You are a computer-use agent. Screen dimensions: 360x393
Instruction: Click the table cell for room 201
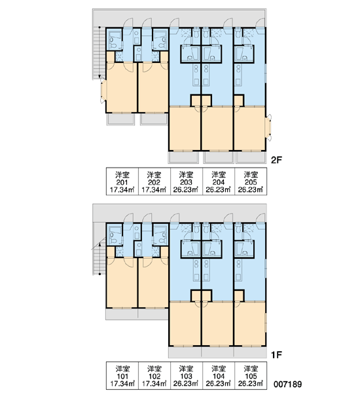(x=122, y=181)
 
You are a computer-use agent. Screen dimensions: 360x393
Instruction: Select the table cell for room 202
(x=154, y=181)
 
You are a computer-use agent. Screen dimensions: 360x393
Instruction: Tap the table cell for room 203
(x=187, y=181)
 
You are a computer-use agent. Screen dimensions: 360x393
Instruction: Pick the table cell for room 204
(x=219, y=181)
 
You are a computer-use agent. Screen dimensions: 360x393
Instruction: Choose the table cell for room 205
(x=251, y=181)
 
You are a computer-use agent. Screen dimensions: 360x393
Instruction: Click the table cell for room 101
(x=122, y=375)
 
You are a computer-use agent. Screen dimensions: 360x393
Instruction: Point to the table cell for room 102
(x=154, y=375)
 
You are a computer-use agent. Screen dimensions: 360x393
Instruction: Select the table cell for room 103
(x=187, y=375)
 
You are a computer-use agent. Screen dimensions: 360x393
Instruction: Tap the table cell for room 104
(x=219, y=375)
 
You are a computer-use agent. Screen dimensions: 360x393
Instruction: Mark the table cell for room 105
(x=251, y=375)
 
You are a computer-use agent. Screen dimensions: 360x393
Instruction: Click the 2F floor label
(x=277, y=160)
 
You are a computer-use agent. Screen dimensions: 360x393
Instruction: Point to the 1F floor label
(x=277, y=354)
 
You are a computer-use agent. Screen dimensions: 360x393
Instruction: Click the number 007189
(x=287, y=384)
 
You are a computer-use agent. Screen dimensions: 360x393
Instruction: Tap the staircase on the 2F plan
(x=99, y=53)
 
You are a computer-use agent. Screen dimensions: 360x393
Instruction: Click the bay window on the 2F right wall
(x=268, y=127)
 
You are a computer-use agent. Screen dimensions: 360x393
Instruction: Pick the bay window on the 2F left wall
(x=103, y=90)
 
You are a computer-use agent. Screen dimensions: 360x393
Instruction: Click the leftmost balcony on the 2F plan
(x=120, y=119)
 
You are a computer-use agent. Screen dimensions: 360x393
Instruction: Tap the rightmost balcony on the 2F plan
(x=251, y=157)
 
